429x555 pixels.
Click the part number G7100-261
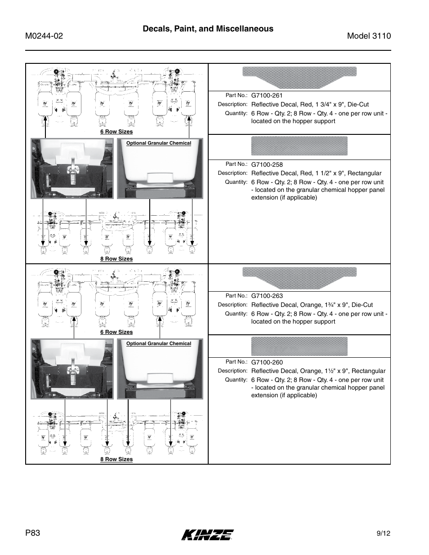[267, 95]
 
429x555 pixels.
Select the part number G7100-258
[267, 164]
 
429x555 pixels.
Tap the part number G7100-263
[267, 296]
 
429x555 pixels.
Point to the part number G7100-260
[267, 362]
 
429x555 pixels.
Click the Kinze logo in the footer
[208, 534]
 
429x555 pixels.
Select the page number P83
[33, 533]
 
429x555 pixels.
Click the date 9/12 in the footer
[384, 533]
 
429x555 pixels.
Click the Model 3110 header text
[369, 36]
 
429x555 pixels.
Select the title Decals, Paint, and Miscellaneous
[208, 29]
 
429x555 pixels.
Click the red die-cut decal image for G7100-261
[299, 77]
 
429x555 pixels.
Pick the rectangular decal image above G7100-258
[299, 146]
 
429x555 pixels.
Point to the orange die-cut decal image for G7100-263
[299, 277]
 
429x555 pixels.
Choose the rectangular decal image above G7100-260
[299, 346]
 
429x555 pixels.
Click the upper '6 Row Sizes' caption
[116, 132]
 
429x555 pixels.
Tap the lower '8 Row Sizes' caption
[116, 459]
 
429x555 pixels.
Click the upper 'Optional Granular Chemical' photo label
[158, 143]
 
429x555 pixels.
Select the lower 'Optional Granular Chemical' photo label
[158, 344]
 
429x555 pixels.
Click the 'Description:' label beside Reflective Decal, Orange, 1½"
[232, 371]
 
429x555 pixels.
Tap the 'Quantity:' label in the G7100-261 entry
[236, 113]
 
